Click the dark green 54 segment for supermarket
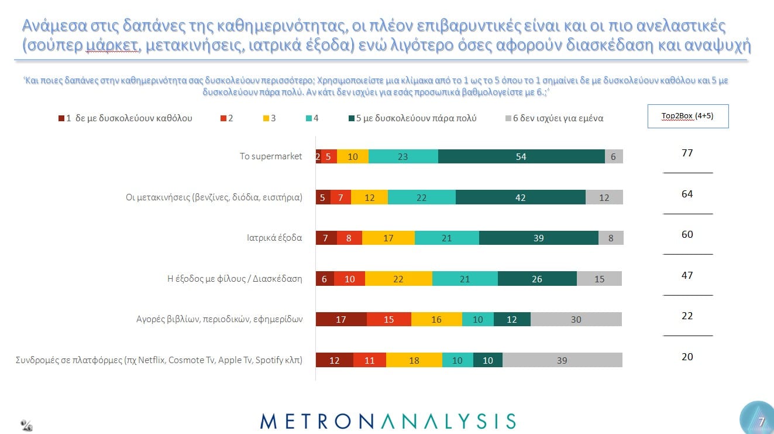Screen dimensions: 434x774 (521, 156)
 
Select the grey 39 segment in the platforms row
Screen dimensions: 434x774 (562, 360)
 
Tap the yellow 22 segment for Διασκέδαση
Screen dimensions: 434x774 (398, 279)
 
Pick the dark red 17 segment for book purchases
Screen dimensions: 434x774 (341, 319)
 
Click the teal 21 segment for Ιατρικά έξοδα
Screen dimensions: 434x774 (446, 238)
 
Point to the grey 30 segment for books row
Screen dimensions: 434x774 (576, 319)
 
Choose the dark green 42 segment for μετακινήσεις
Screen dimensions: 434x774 (520, 197)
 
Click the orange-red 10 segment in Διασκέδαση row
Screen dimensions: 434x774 (349, 279)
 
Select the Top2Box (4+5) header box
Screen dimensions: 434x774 (687, 116)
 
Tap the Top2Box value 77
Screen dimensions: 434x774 (687, 153)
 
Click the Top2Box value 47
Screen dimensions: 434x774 (687, 275)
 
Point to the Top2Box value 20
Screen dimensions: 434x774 (687, 357)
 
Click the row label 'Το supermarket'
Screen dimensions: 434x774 (271, 156)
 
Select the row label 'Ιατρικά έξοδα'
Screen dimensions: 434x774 (274, 238)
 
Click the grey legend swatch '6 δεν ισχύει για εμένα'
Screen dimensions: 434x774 (508, 118)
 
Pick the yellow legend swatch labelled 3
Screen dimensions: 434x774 (266, 118)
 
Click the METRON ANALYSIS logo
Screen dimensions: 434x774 (387, 421)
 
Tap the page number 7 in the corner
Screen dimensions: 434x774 (761, 421)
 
